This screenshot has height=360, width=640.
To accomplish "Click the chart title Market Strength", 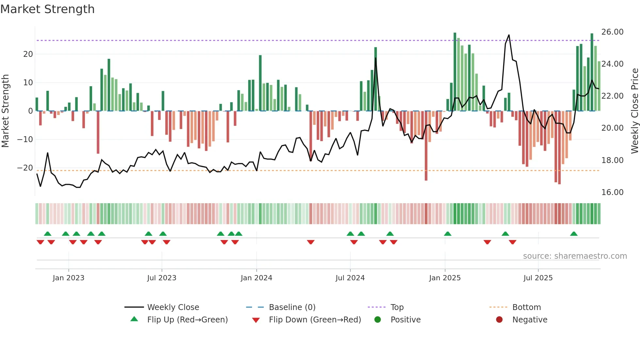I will (x=47, y=9).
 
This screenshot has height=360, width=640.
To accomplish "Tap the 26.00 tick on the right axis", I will (x=612, y=32).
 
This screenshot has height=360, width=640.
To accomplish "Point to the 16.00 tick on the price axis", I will (x=612, y=192).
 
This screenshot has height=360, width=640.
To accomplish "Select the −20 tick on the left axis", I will (x=25, y=168).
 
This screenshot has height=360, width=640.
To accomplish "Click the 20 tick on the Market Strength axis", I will (x=28, y=54).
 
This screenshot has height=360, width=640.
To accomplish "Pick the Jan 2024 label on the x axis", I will (x=256, y=278).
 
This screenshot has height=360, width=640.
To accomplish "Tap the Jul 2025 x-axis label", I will (x=538, y=278).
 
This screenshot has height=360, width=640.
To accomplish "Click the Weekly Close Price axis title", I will (x=634, y=111).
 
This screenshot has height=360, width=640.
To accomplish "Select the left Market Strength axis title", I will (x=5, y=111).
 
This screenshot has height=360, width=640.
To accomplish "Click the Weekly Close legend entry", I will (x=173, y=307).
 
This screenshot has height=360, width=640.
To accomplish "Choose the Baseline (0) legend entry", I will (x=292, y=307).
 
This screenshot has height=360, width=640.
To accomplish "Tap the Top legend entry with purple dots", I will (x=397, y=307).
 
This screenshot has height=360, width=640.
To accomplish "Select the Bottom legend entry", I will (x=526, y=307).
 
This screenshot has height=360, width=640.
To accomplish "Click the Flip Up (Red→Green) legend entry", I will (x=187, y=320).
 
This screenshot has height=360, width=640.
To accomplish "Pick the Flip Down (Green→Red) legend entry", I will (x=315, y=320).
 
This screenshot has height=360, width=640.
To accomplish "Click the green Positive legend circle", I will (x=378, y=320).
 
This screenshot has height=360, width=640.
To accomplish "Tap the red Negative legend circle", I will (x=499, y=320).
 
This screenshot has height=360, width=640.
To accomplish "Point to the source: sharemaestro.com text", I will (x=575, y=256).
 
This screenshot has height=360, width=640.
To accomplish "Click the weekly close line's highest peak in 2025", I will (x=509, y=35).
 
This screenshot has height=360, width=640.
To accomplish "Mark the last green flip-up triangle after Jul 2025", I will (x=574, y=234).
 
